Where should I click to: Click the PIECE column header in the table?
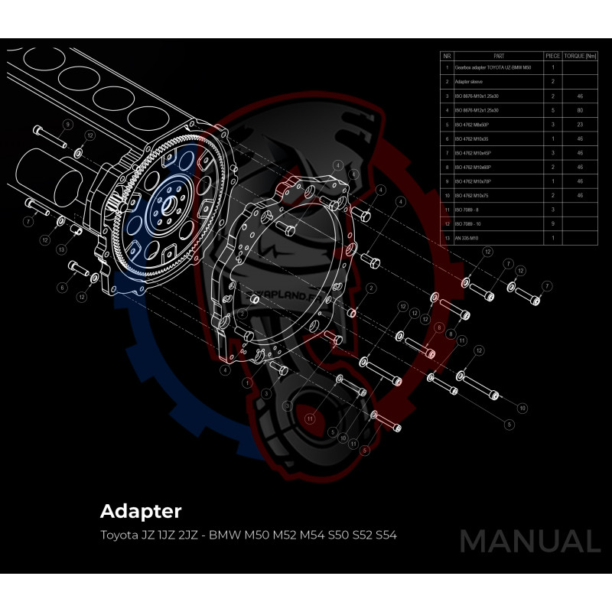pos(553,56)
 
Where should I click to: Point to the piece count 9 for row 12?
pos(553,223)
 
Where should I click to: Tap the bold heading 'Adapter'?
pos(141,510)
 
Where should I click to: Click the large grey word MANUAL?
pos(529,541)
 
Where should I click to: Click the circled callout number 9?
pos(67,124)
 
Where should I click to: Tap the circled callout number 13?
pos(61,249)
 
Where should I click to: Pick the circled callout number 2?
pos(370,288)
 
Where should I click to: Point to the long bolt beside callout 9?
pos(49,138)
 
